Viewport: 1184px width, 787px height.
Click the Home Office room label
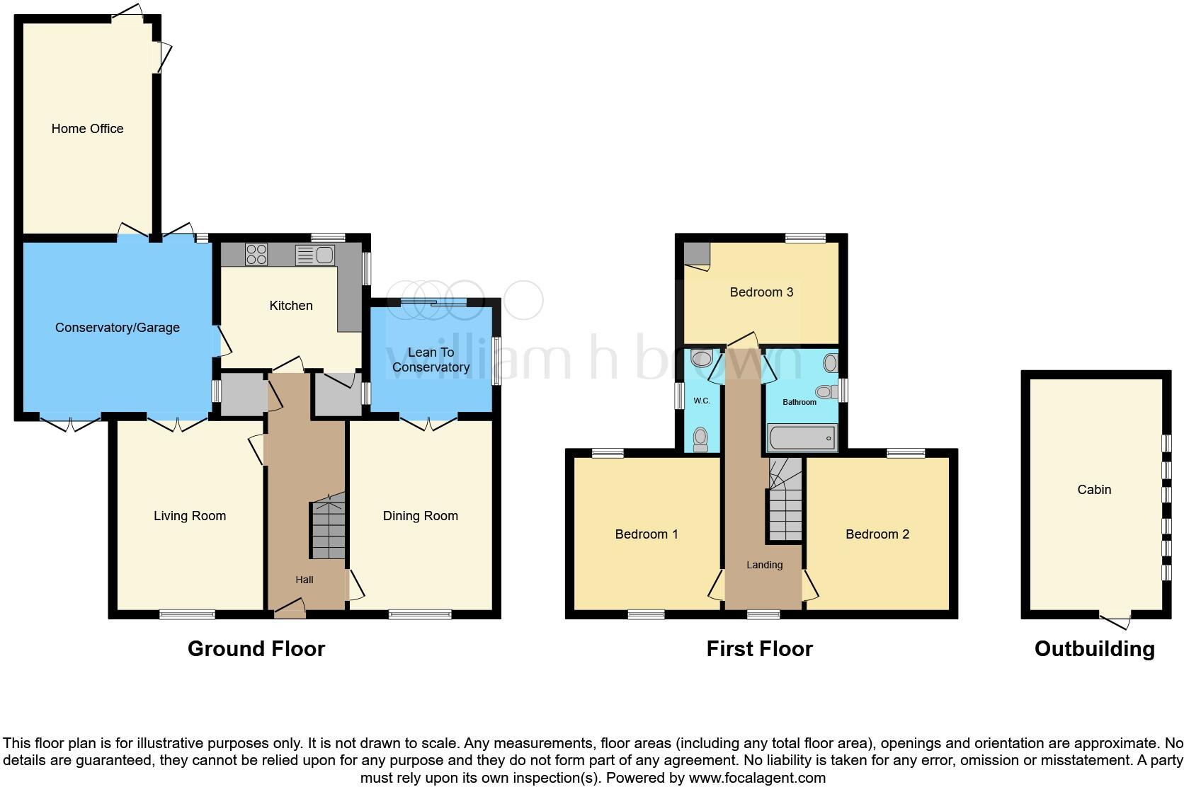(x=87, y=129)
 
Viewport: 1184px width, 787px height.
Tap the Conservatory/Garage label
(x=118, y=328)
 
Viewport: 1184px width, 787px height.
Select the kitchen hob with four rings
(x=256, y=254)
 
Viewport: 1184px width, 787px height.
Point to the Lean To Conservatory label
(x=431, y=360)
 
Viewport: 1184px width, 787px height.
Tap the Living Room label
(x=190, y=516)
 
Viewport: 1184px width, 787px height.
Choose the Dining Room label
(x=420, y=516)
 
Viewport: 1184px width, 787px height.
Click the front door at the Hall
(x=290, y=609)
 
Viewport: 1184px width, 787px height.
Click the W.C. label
(x=701, y=401)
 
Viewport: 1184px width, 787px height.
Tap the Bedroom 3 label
(x=761, y=292)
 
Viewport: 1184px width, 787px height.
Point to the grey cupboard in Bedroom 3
(x=698, y=253)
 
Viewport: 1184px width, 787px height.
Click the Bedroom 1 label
(x=646, y=534)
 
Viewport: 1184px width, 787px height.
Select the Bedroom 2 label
(x=877, y=534)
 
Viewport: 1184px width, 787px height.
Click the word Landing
(x=764, y=565)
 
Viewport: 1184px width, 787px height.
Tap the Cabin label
(x=1093, y=490)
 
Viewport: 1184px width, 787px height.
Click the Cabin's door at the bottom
(x=1115, y=621)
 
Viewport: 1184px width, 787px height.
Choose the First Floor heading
(x=759, y=649)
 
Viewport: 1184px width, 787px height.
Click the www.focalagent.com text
(x=756, y=778)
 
